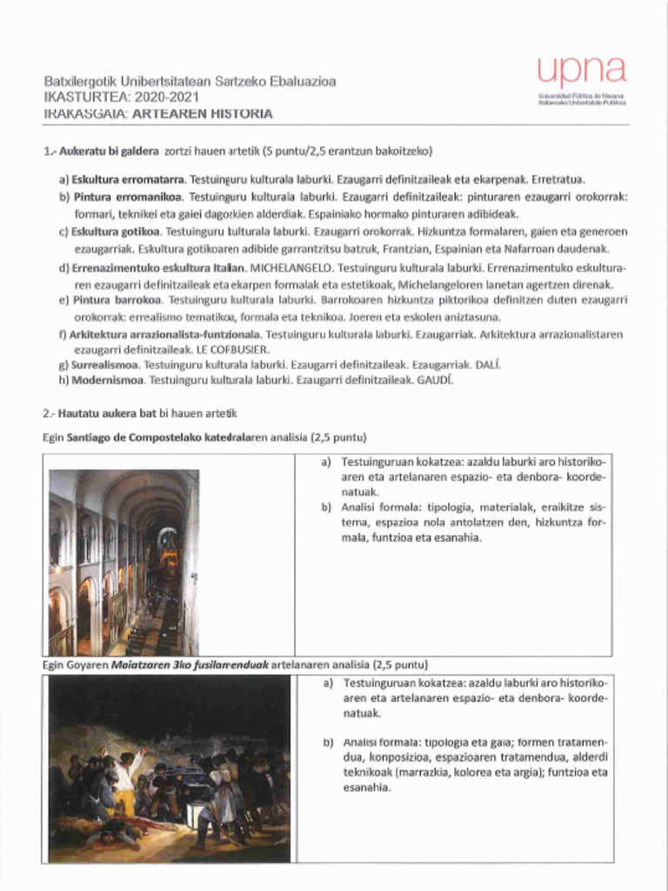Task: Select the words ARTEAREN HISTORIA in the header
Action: click(217, 113)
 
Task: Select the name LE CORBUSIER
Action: click(230, 350)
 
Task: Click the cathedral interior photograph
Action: click(124, 562)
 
